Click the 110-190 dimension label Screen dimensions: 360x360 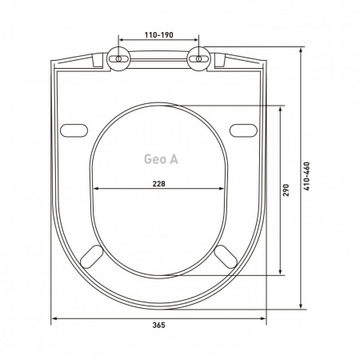click(x=158, y=35)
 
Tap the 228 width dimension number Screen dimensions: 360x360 click(x=158, y=184)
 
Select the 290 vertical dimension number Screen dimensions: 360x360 click(x=286, y=190)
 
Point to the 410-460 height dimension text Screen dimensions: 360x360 click(x=307, y=176)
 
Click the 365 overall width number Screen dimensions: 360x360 click(x=158, y=325)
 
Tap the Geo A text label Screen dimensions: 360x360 click(x=161, y=159)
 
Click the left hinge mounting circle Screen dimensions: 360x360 click(x=118, y=58)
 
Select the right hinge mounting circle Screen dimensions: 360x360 click(x=199, y=58)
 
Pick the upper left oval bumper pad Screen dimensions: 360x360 click(x=74, y=130)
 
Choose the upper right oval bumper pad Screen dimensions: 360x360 click(x=243, y=130)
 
